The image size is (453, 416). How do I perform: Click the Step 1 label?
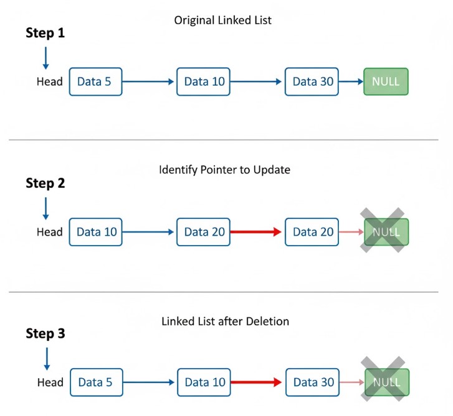45,33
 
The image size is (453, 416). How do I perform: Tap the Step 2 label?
45,183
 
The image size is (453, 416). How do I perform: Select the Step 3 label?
45,334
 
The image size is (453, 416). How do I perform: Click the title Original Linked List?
223,21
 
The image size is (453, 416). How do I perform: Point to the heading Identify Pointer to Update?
224,170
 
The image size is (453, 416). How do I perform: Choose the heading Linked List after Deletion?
225,321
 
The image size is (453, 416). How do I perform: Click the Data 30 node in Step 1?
312,81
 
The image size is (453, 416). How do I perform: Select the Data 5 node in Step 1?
95,81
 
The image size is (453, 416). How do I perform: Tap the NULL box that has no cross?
386,81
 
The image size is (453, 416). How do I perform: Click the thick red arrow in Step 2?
256,232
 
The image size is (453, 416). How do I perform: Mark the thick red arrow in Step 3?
257,382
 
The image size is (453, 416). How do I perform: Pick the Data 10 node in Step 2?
96,232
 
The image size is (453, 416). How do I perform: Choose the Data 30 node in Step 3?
313,382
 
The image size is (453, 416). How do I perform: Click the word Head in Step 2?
50,232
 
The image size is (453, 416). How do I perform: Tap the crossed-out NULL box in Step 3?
386,382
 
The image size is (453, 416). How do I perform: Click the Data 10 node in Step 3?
204,382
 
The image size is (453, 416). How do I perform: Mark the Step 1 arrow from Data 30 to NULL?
351,81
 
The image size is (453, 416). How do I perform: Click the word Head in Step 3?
50,382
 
